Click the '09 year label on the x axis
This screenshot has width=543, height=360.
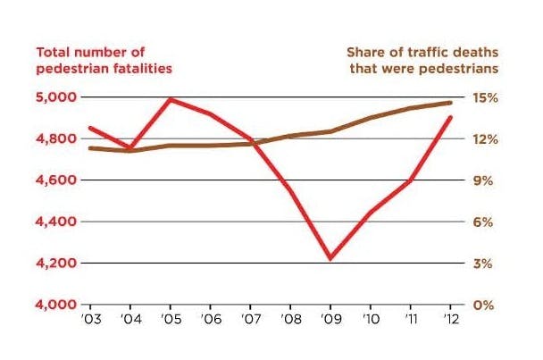tap(330, 318)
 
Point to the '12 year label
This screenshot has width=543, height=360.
tap(452, 318)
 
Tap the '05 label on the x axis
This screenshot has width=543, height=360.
tap(169, 318)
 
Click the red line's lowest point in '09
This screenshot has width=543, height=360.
tap(330, 258)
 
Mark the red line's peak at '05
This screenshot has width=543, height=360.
tap(169, 99)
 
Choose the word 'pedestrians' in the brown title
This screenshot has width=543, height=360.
tap(460, 67)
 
